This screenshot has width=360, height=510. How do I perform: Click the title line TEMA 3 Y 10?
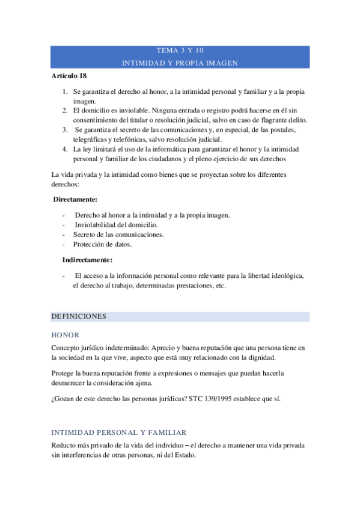pyautogui.click(x=180, y=51)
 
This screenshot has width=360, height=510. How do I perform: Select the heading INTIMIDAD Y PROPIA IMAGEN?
pyautogui.click(x=180, y=63)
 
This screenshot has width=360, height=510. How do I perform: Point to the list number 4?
pyautogui.click(x=65, y=148)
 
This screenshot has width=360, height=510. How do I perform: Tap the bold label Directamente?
pyautogui.click(x=76, y=199)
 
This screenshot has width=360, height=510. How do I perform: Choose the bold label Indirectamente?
pyautogui.click(x=87, y=260)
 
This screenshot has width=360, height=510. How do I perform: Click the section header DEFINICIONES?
pyautogui.click(x=79, y=316)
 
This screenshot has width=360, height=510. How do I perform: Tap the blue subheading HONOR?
pyautogui.click(x=66, y=334)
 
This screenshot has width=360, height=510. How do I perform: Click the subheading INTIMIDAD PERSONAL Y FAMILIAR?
pyautogui.click(x=119, y=432)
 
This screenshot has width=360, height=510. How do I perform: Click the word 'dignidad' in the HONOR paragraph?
pyautogui.click(x=261, y=357)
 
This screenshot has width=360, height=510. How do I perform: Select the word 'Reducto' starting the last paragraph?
pyautogui.click(x=64, y=446)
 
